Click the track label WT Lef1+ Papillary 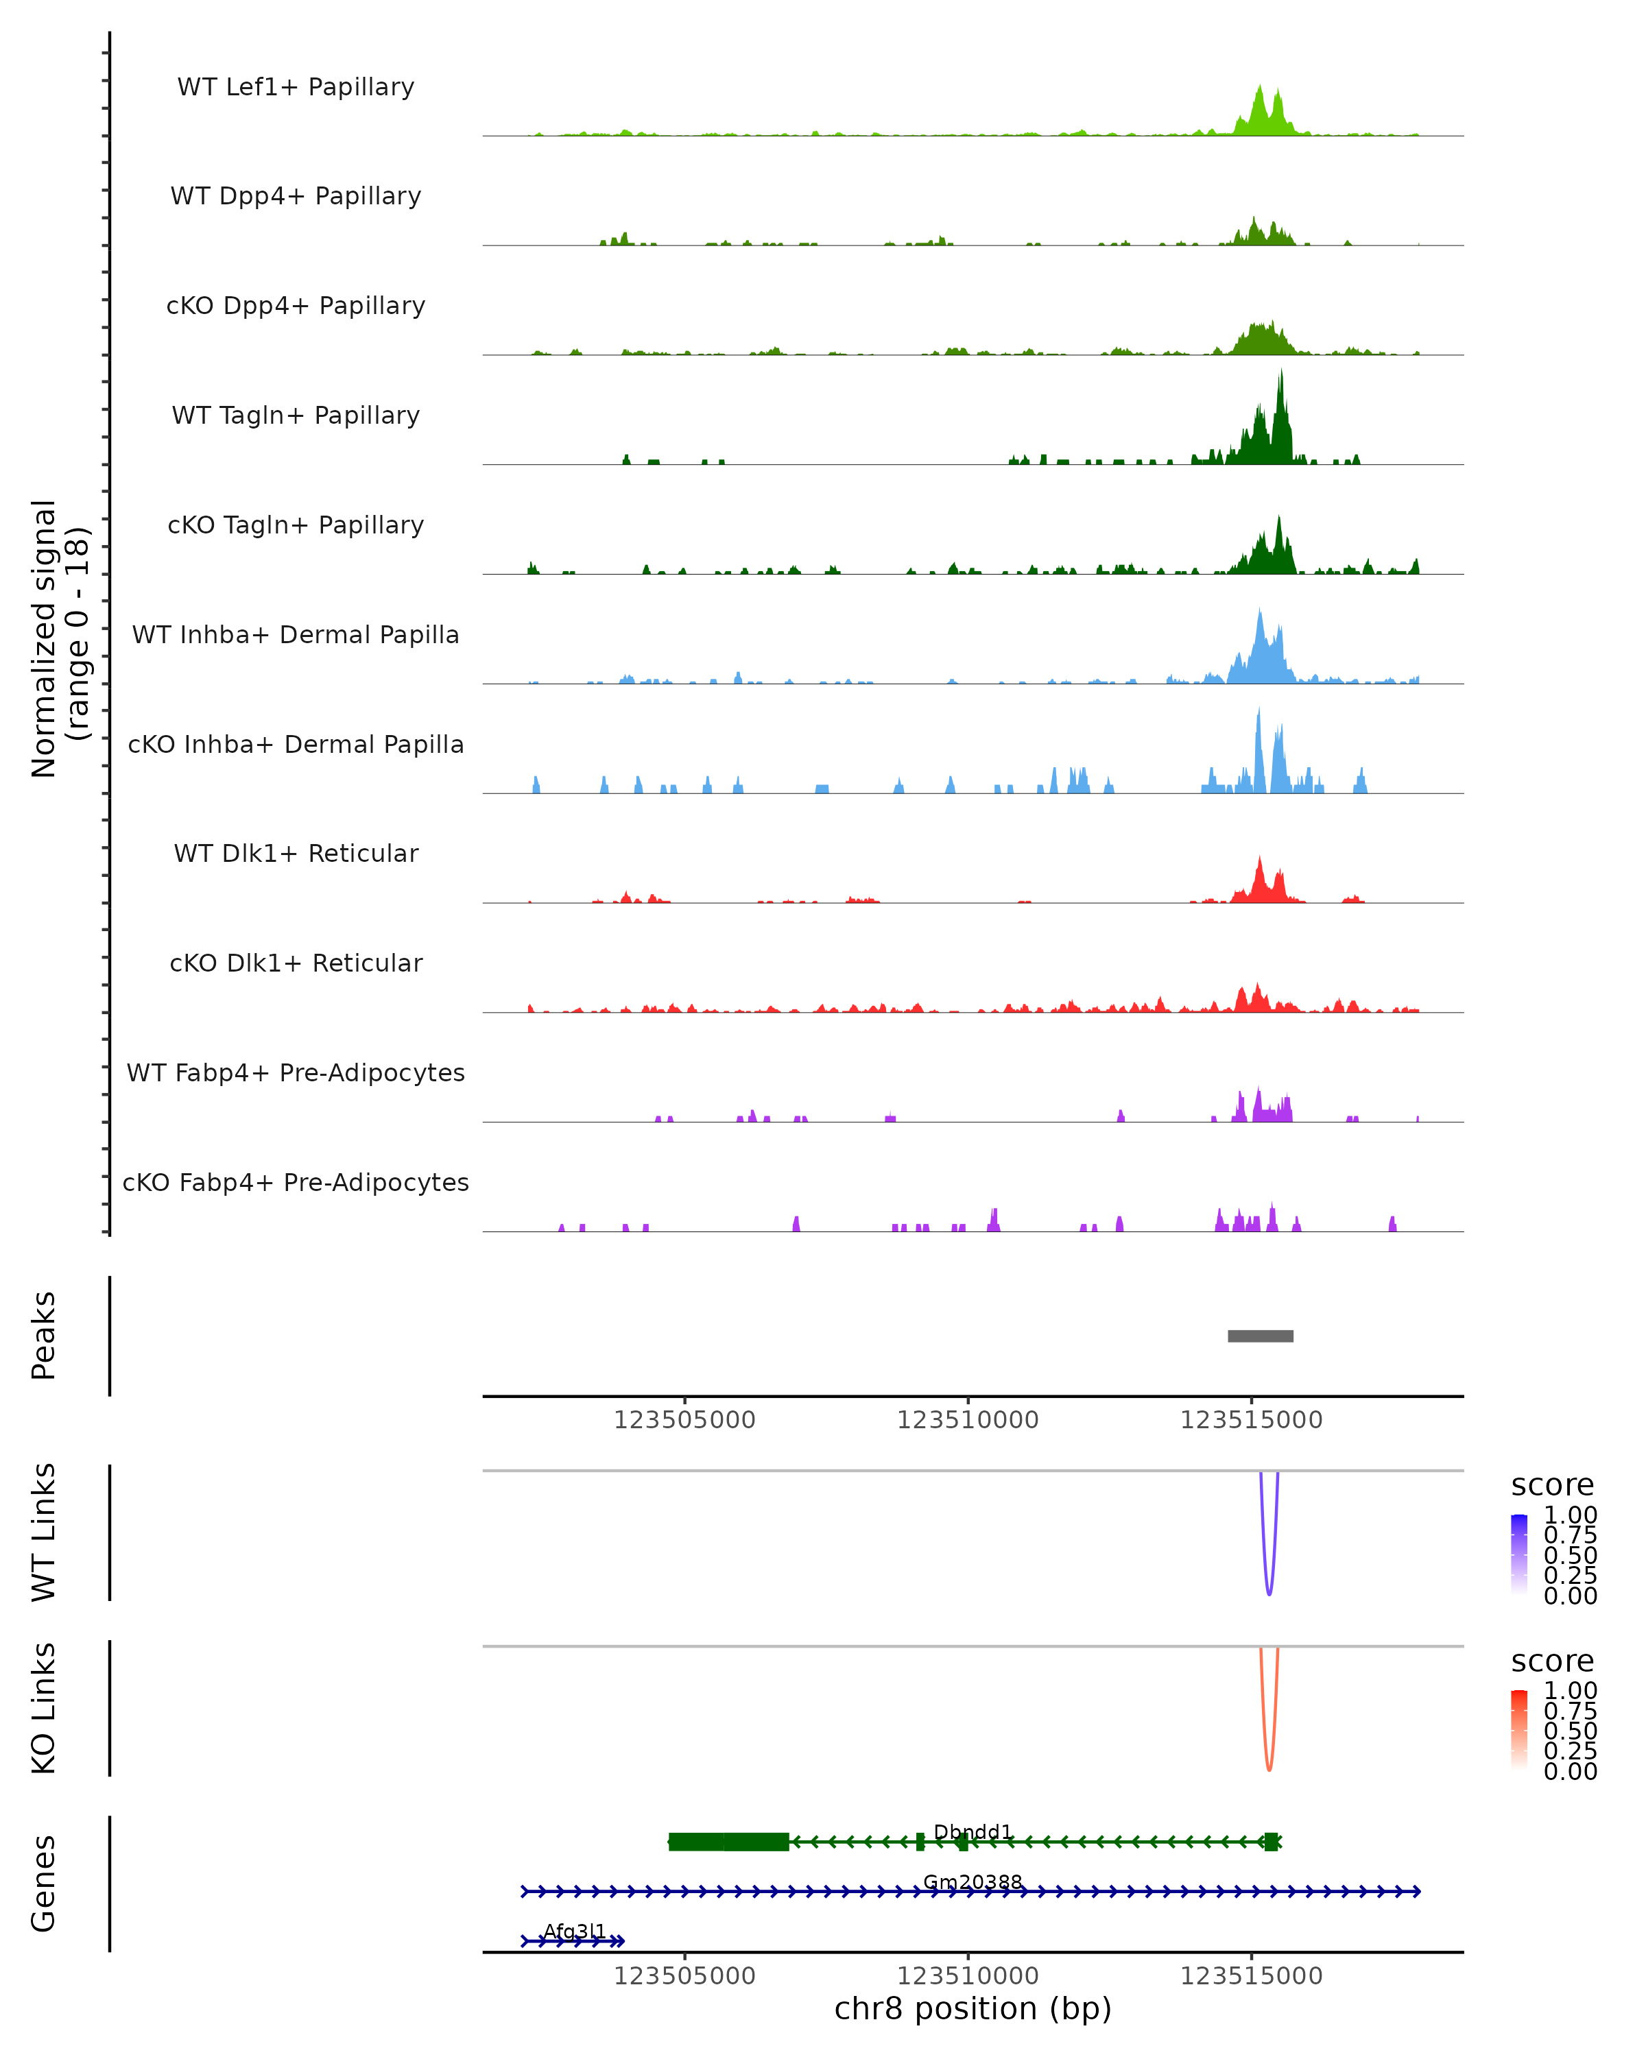[x=296, y=87]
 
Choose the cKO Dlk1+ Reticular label [x=296, y=963]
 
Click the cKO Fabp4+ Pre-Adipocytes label [x=296, y=1182]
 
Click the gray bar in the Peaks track [x=1261, y=1336]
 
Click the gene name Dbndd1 [x=973, y=1832]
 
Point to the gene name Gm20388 [x=973, y=1882]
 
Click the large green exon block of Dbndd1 [x=729, y=1842]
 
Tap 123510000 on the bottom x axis [x=968, y=1976]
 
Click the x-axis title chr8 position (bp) [x=973, y=2009]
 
